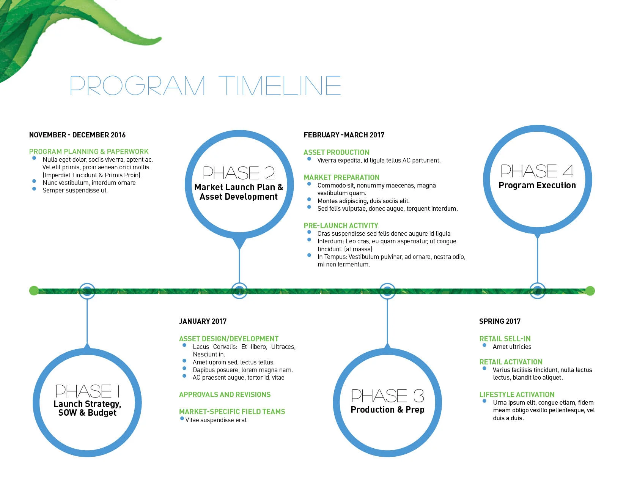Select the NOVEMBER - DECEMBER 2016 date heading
[x=77, y=135]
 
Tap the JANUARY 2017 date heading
[x=203, y=321]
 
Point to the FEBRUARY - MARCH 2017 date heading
[x=344, y=135]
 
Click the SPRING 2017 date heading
[x=500, y=321]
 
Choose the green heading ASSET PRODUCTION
[x=336, y=152]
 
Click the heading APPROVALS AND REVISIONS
[x=225, y=394]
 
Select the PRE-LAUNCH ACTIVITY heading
[x=341, y=225]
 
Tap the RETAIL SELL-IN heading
[x=505, y=339]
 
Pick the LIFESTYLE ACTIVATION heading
[x=517, y=394]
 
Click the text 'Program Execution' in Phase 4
[x=537, y=185]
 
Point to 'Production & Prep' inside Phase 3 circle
[x=387, y=410]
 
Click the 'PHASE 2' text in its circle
[x=239, y=173]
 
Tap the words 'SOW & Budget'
[x=87, y=413]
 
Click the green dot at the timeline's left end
[x=34, y=291]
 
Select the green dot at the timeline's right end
[x=590, y=291]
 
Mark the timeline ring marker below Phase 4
[x=537, y=291]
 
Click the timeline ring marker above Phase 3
[x=387, y=291]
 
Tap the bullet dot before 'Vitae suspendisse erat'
[x=182, y=419]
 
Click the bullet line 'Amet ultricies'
[x=512, y=347]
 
